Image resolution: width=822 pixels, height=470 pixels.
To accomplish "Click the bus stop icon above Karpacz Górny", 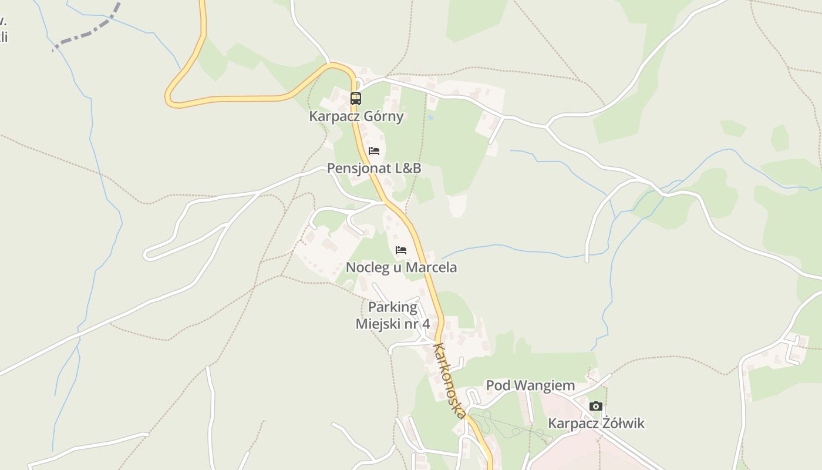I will pos(356,99).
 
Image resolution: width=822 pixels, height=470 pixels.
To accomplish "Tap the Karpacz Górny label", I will pos(356,116).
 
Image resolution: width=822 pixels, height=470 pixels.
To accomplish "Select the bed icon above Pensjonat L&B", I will pos(374,151).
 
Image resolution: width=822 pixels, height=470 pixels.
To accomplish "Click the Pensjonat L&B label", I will pos(374,168).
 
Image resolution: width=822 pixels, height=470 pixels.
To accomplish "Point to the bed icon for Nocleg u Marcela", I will pos(401,250).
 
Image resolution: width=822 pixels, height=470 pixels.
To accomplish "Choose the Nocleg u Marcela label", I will pos(401,267).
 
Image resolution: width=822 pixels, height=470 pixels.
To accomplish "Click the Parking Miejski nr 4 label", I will pos(393,315).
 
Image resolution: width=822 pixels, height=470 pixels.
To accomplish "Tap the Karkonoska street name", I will pos(450,381).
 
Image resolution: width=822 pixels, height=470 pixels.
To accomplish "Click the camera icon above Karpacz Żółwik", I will pos(596,406).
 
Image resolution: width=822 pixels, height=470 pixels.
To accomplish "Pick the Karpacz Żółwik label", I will pos(596,423).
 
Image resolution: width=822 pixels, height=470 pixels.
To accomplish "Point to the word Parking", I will pos(393,307).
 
